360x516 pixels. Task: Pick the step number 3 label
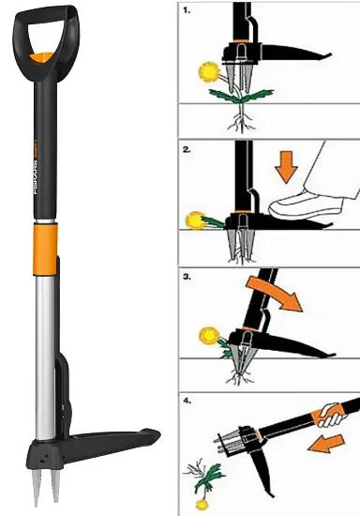click(x=186, y=279)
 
